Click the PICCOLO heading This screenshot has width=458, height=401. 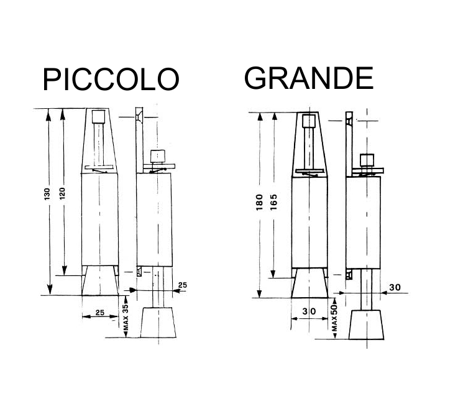110,80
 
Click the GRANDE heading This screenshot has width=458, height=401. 308,78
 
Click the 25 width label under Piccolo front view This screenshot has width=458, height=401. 99,313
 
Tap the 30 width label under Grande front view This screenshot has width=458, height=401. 308,311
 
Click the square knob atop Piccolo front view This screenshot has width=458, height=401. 98,116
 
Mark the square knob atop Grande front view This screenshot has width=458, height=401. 309,119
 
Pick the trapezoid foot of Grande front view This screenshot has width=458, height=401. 309,282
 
